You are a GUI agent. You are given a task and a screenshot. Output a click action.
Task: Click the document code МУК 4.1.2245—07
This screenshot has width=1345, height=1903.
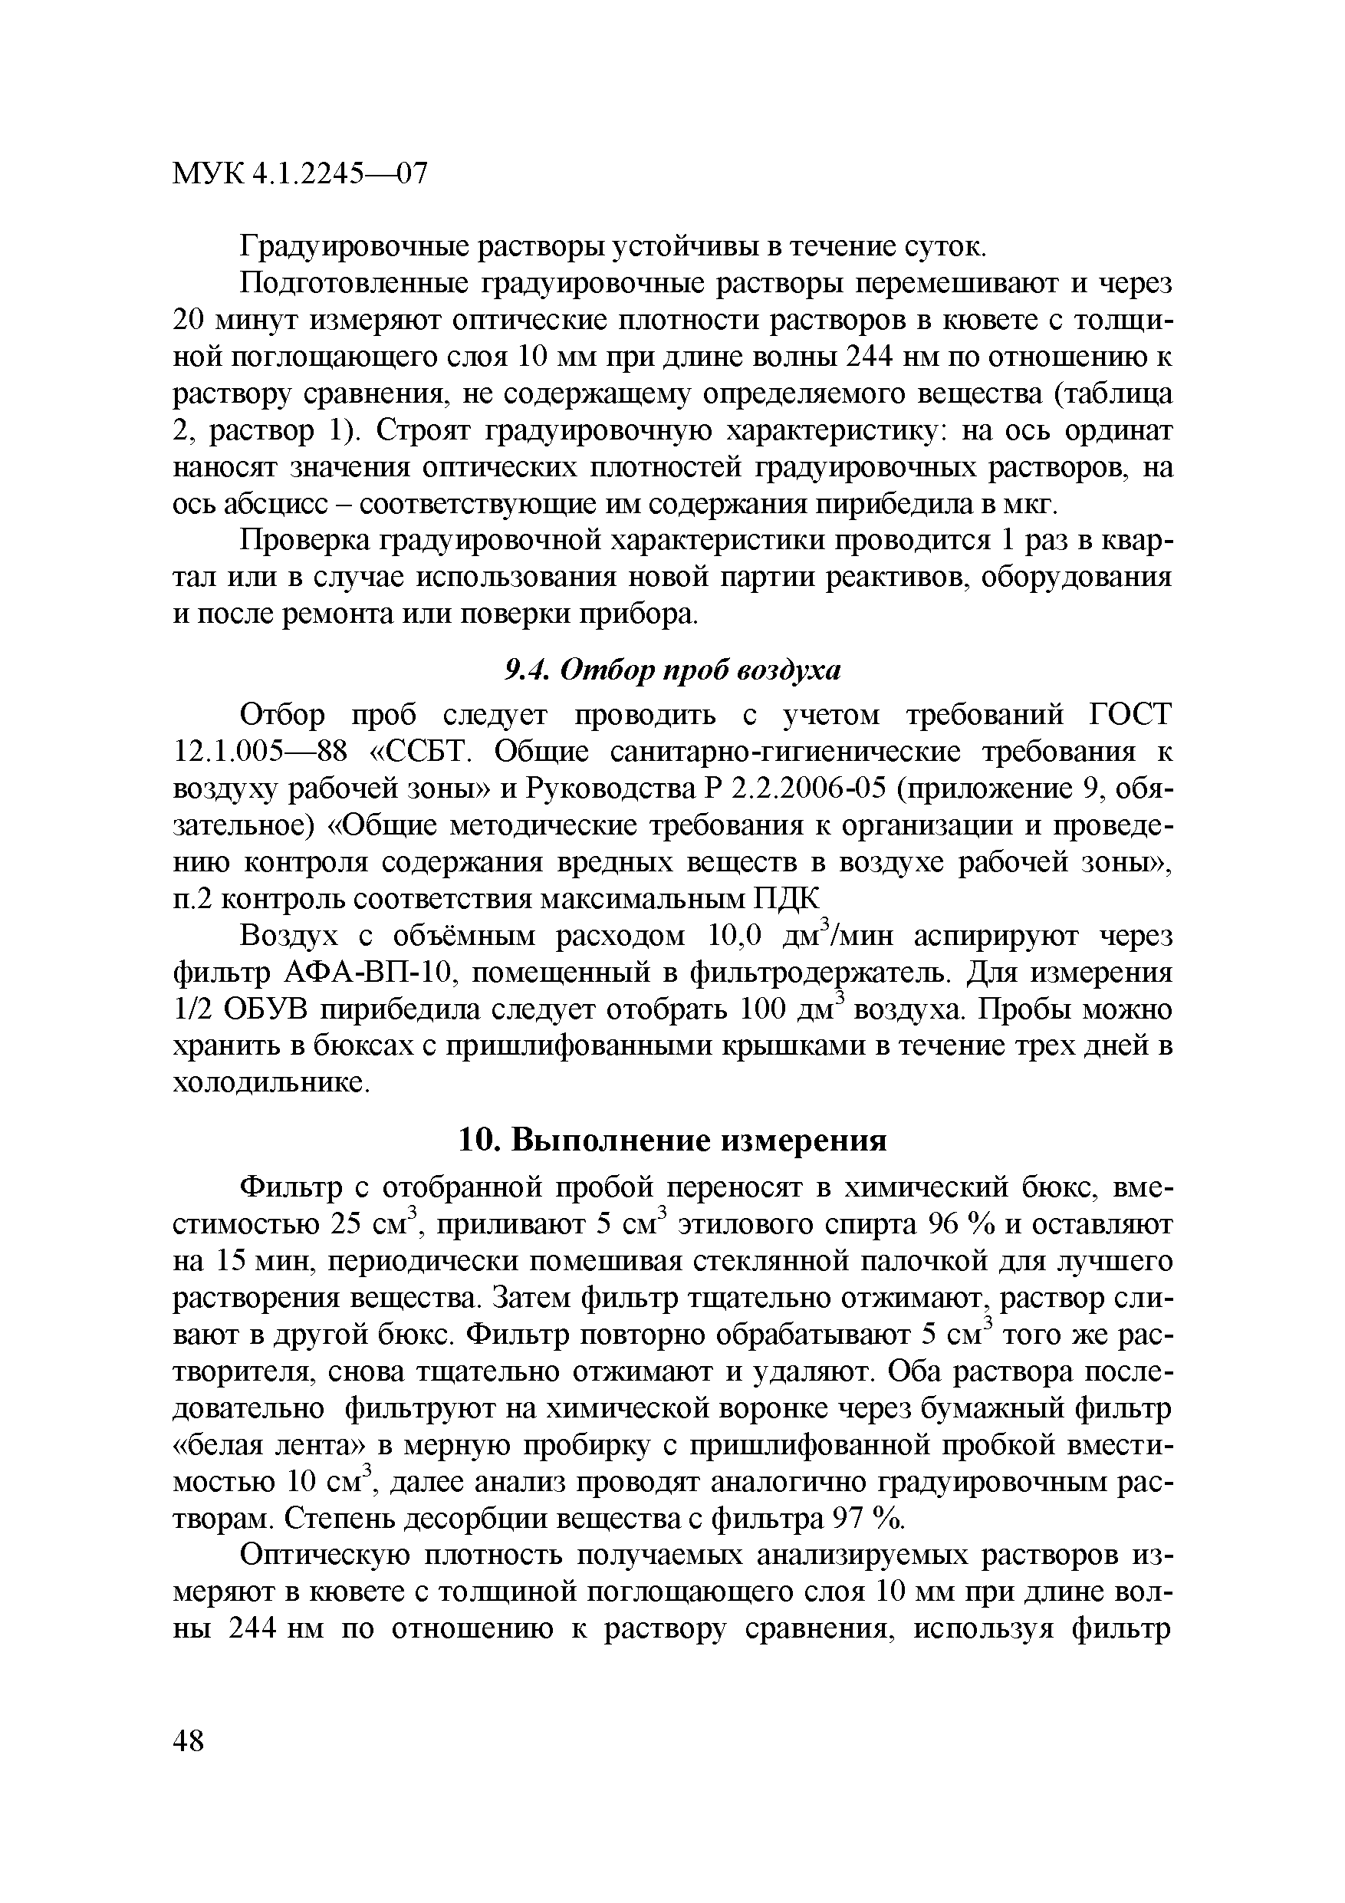pyautogui.click(x=300, y=174)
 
